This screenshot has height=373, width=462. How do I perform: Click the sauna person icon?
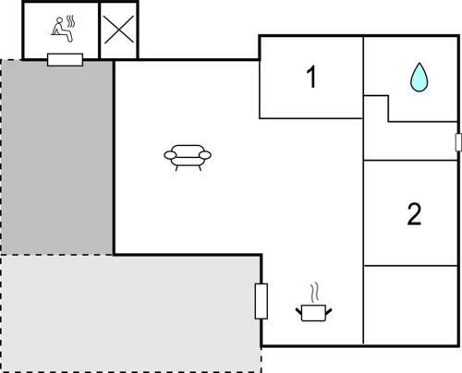pos(62,31)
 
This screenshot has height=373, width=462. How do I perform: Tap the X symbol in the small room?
pos(119,30)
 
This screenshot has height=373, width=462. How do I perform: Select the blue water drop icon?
pos(419,78)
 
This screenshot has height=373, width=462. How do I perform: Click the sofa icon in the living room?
pos(188,158)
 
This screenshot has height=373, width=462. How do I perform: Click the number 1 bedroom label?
pos(311,77)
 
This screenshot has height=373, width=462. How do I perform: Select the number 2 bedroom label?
pos(414,214)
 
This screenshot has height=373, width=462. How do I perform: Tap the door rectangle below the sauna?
pos(65,60)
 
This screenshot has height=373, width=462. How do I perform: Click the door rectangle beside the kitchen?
pos(261,301)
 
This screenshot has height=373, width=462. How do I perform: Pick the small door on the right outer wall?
pos(458,142)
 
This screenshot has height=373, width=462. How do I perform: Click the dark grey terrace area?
pos(57,157)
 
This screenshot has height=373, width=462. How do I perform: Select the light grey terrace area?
pos(131,313)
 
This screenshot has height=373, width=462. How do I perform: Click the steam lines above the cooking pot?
pos(314,293)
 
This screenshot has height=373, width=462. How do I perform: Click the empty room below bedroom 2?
pos(410,305)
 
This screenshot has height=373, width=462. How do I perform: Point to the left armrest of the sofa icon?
pos(170,155)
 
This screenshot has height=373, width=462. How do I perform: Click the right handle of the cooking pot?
pos(329,312)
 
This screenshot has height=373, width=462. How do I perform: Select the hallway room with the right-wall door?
pos(409,141)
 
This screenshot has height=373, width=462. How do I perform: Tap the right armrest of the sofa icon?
pos(205,155)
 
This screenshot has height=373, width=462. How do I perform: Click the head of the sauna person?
pos(59,20)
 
